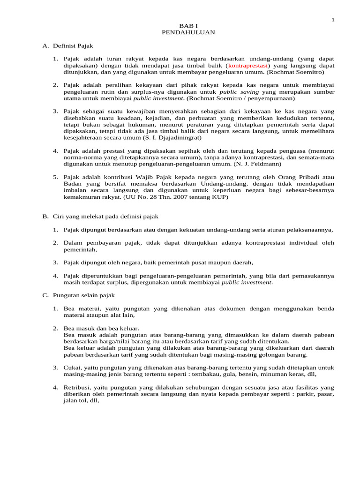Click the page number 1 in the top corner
[x=333, y=19]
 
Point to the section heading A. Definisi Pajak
[x=68, y=45]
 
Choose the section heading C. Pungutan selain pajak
[x=78, y=295]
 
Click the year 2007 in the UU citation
[x=179, y=197]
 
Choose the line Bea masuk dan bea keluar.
[x=101, y=328]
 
